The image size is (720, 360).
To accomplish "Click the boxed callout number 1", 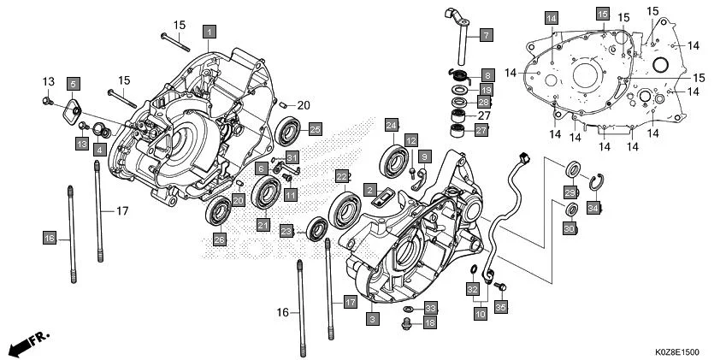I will point(208,31).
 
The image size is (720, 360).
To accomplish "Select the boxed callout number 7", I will point(485,35).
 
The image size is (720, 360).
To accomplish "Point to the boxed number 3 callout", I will point(371,318).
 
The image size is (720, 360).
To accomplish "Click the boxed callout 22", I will point(342,176).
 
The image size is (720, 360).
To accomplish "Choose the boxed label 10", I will point(481,315).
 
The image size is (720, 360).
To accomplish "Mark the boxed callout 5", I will point(74,83).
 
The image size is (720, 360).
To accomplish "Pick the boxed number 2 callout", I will point(370,188).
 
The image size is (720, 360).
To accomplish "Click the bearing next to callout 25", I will point(289,130).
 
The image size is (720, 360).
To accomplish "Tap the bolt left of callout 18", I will point(407,323).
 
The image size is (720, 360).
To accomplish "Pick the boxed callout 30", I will point(569,229).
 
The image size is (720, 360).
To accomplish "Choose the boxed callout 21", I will point(263,225).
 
